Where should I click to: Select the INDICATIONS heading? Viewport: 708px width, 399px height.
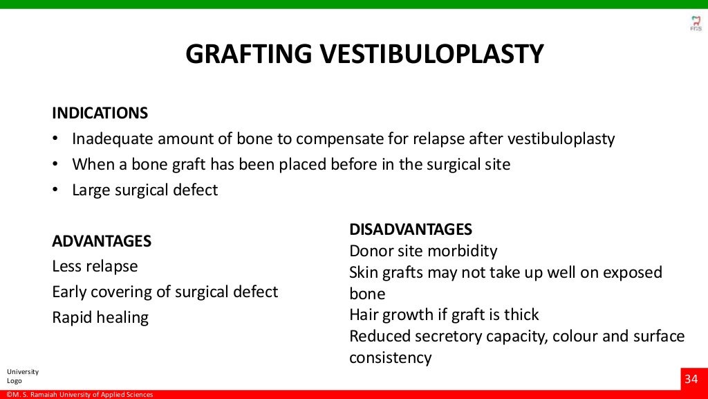[x=100, y=113]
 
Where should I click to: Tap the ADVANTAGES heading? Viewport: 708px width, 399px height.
[x=102, y=241]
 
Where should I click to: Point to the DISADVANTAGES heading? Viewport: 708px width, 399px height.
[x=411, y=229]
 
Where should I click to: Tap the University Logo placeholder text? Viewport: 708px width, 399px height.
[x=23, y=376]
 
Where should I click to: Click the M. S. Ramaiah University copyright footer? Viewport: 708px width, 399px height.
[x=77, y=395]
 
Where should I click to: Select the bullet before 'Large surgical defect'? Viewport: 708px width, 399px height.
[x=55, y=190]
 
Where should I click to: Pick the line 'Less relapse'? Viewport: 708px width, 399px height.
[x=95, y=266]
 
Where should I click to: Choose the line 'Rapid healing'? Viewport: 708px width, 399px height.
[x=100, y=317]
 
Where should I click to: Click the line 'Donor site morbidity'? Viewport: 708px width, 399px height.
[x=423, y=251]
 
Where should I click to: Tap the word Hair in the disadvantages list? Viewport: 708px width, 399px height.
[x=364, y=315]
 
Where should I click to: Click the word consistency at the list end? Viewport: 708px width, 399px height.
[x=390, y=358]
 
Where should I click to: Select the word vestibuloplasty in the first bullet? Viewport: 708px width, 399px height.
[x=561, y=139]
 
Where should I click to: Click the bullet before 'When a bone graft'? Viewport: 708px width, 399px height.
[x=55, y=164]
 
